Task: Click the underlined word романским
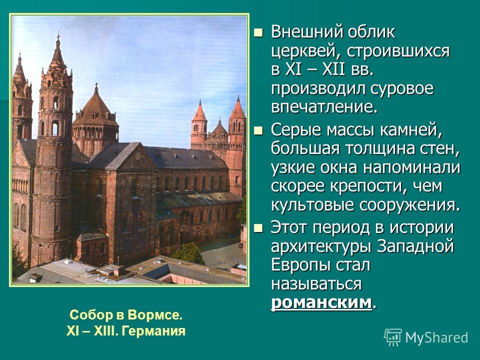[x=321, y=303]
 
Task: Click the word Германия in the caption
[x=153, y=331]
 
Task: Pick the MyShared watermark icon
[x=393, y=337]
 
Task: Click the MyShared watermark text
[x=436, y=337]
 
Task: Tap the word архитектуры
[x=321, y=246]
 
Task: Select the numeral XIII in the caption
[x=106, y=331]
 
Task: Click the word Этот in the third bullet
[x=290, y=228]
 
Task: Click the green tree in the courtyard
[x=188, y=253]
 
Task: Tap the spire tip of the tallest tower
[x=58, y=34]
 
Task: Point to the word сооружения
[x=409, y=205]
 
